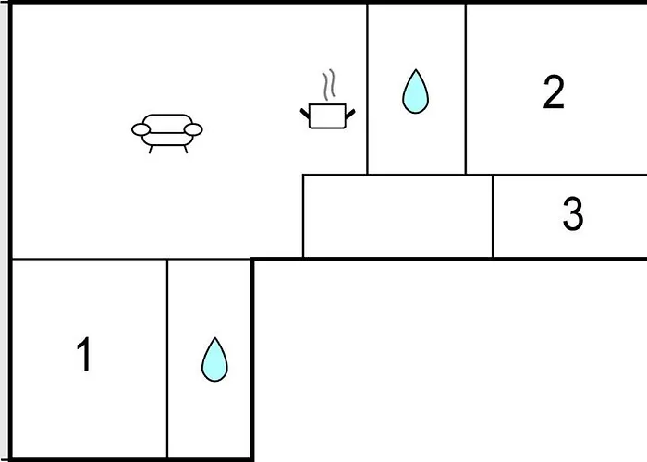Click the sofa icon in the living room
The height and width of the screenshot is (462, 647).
coord(167,132)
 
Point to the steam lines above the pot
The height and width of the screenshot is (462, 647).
coord(328,86)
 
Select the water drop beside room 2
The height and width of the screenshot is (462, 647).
coord(416,91)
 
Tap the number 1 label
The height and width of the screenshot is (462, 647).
coord(84,355)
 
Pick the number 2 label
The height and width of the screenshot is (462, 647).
coord(553,92)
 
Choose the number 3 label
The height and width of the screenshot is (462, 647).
coord(572,214)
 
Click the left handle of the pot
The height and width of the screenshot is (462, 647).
coord(306,113)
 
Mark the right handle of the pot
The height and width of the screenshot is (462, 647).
coord(349,113)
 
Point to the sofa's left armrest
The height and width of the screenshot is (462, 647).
coord(140,129)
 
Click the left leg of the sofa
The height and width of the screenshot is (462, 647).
coord(153,148)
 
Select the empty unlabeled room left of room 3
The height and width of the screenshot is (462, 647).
coord(397,216)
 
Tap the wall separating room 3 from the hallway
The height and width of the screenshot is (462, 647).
coord(493,216)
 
